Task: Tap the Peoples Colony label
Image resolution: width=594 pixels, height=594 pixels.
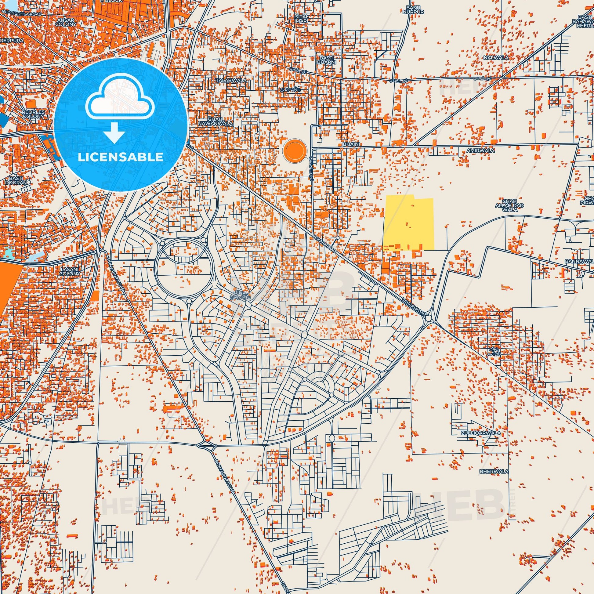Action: (33, 115)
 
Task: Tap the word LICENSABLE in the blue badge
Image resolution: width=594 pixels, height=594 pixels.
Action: (121, 157)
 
